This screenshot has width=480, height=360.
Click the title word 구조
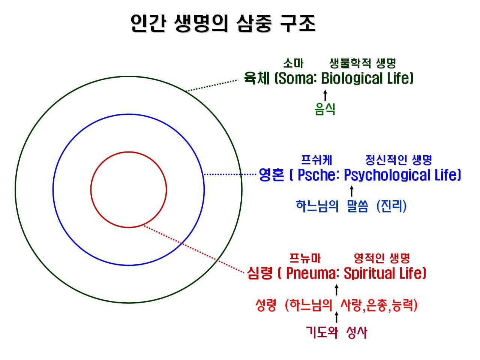(298, 23)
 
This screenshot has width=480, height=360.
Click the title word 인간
(148, 23)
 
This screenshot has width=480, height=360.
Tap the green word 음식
(325, 109)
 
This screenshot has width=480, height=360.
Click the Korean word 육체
(257, 78)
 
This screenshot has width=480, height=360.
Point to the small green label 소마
(293, 63)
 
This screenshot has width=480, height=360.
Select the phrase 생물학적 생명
(363, 63)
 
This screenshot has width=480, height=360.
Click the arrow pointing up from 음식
(325, 95)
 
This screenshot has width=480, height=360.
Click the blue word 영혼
(271, 175)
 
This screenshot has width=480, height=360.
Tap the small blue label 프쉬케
(316, 160)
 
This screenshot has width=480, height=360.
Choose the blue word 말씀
(357, 206)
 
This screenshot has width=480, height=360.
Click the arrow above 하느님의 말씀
(352, 191)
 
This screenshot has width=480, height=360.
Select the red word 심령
(260, 273)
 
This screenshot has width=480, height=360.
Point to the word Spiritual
(370, 273)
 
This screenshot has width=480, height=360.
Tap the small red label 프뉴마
(305, 258)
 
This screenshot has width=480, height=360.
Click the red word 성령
(266, 305)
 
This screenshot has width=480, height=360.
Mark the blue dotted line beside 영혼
(230, 174)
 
